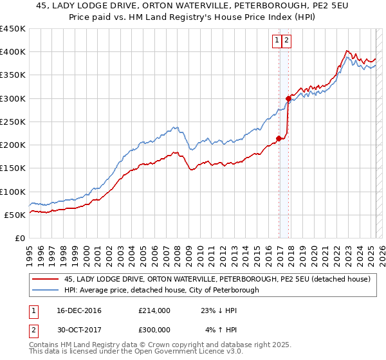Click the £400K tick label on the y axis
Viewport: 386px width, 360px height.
pos(12,52)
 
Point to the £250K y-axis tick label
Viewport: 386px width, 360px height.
pos(12,122)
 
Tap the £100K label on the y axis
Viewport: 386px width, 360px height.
pos(12,192)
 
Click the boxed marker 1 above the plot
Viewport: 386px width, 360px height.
pos(277,40)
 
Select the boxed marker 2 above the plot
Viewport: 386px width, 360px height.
pos(286,40)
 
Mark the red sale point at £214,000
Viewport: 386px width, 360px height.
pos(279,138)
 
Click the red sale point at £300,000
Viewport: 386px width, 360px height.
pos(288,98)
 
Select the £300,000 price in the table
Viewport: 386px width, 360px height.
pos(154,329)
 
